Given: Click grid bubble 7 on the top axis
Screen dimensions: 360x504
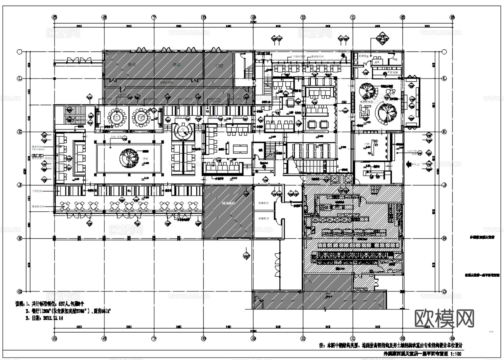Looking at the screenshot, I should [x=154, y=17].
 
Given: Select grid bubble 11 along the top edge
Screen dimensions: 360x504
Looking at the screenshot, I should [x=353, y=17].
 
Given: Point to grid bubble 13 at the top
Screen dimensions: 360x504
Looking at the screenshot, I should [x=452, y=17].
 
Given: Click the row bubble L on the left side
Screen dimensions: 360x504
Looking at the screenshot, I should [x=19, y=79].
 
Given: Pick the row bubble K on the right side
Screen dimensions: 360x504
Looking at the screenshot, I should [x=445, y=132].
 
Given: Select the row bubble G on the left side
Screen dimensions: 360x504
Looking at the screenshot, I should [x=19, y=292].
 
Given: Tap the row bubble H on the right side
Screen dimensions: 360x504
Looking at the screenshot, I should [x=445, y=238].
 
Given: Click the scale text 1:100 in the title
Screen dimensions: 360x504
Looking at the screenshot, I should [x=456, y=354].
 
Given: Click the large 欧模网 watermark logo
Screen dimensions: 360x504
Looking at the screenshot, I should [x=445, y=319].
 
